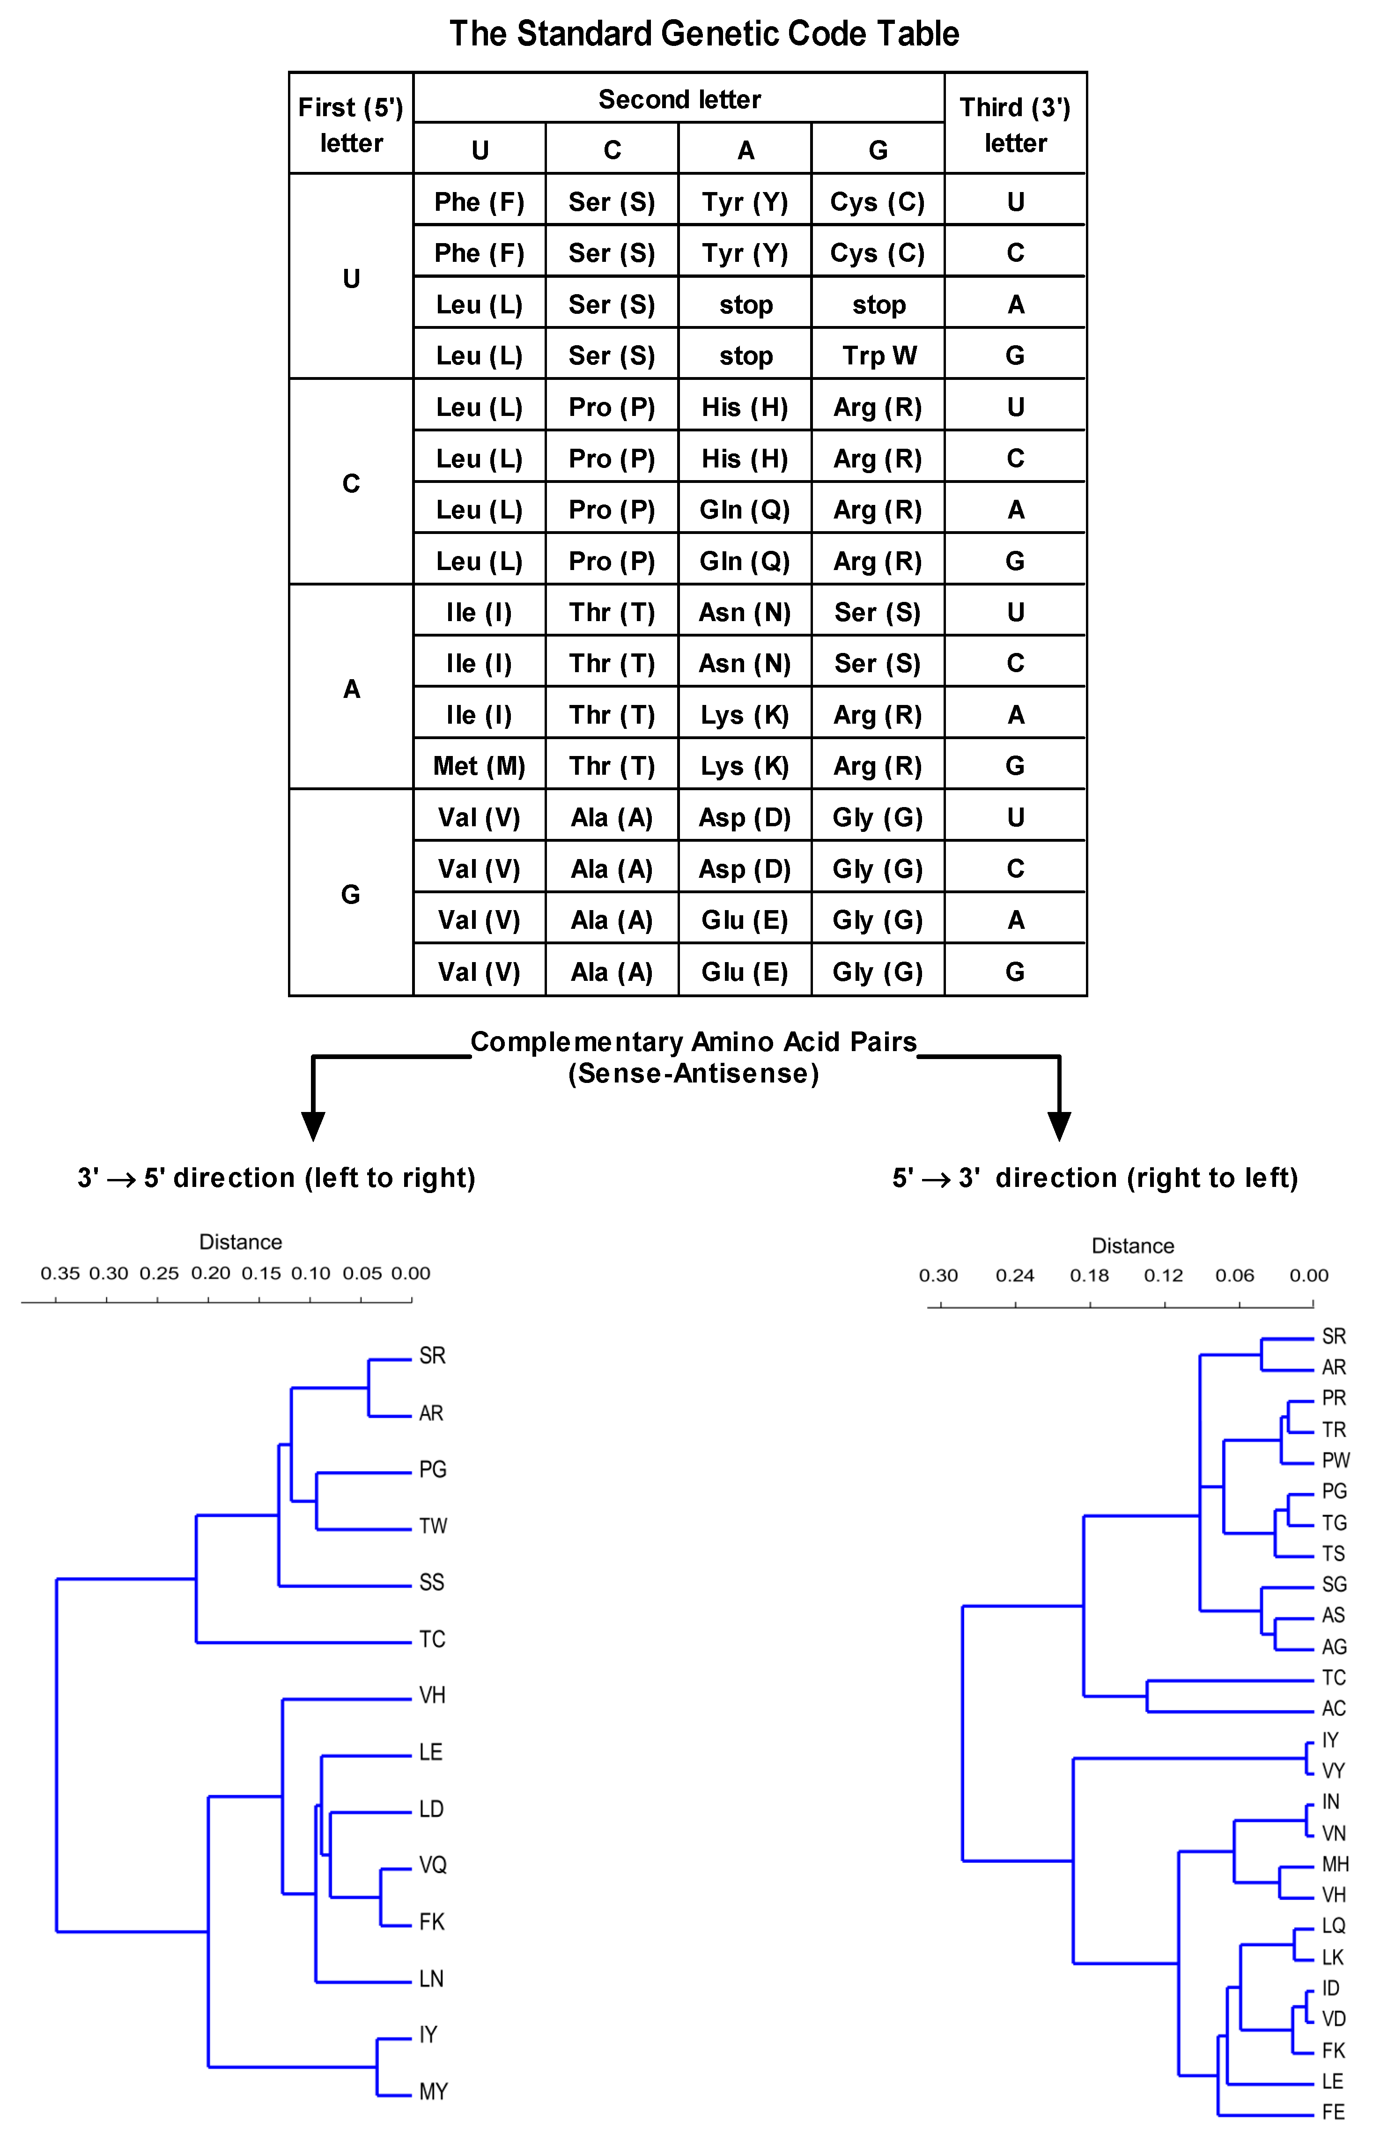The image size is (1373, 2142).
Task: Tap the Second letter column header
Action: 679,99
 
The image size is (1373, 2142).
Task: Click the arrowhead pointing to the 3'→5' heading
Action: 313,1126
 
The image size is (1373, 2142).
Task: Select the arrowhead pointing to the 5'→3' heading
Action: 1059,1126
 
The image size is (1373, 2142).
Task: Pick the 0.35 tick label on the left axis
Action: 60,1274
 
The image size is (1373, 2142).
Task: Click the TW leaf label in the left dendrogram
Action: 433,1526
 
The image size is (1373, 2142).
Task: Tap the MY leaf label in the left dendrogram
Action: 433,2092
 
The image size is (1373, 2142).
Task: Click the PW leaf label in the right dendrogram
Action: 1336,1460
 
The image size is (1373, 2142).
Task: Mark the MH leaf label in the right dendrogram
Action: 1336,1864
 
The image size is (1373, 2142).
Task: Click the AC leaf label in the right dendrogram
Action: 1334,1709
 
